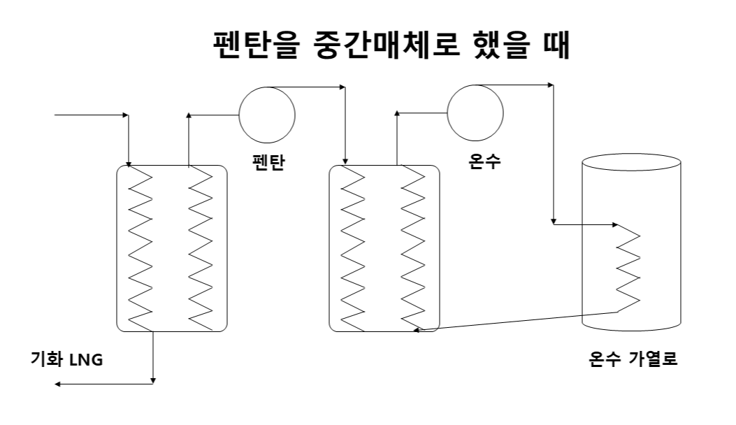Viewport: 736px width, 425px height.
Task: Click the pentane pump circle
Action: coord(267,115)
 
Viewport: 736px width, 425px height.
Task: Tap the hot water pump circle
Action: coord(475,113)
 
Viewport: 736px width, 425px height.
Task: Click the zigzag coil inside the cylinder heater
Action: coord(628,268)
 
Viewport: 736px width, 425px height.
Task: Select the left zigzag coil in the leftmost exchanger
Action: coord(142,248)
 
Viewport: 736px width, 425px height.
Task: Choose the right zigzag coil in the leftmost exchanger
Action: coord(200,248)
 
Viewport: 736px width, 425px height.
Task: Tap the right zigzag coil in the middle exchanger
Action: coord(412,248)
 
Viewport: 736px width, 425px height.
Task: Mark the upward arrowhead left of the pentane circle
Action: coord(189,116)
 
